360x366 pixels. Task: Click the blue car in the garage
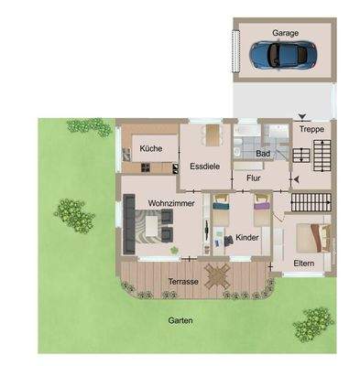tap(278, 56)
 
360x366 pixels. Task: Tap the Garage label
tap(284, 32)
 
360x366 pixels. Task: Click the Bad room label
tap(263, 153)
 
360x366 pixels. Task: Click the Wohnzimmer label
tap(169, 202)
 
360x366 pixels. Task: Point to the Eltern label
tap(304, 264)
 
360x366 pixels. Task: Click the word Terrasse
tap(183, 283)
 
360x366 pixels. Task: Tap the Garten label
tap(180, 320)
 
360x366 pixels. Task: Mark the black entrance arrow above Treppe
tap(303, 116)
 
